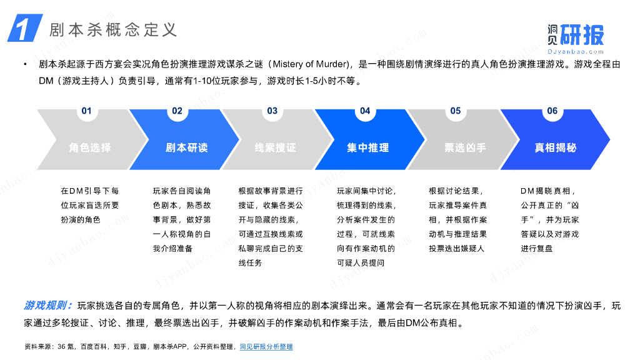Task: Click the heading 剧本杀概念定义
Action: (113, 29)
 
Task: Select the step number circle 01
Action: (86, 111)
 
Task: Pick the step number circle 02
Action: (177, 111)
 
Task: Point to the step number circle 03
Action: (272, 111)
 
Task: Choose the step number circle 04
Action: (365, 111)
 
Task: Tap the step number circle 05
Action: (456, 111)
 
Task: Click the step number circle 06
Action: (552, 111)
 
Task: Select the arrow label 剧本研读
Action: (186, 148)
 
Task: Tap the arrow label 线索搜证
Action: (275, 148)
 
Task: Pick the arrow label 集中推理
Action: (368, 148)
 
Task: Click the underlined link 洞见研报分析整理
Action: (266, 346)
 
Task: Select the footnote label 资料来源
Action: (37, 346)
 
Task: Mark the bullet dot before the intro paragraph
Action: (26, 64)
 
